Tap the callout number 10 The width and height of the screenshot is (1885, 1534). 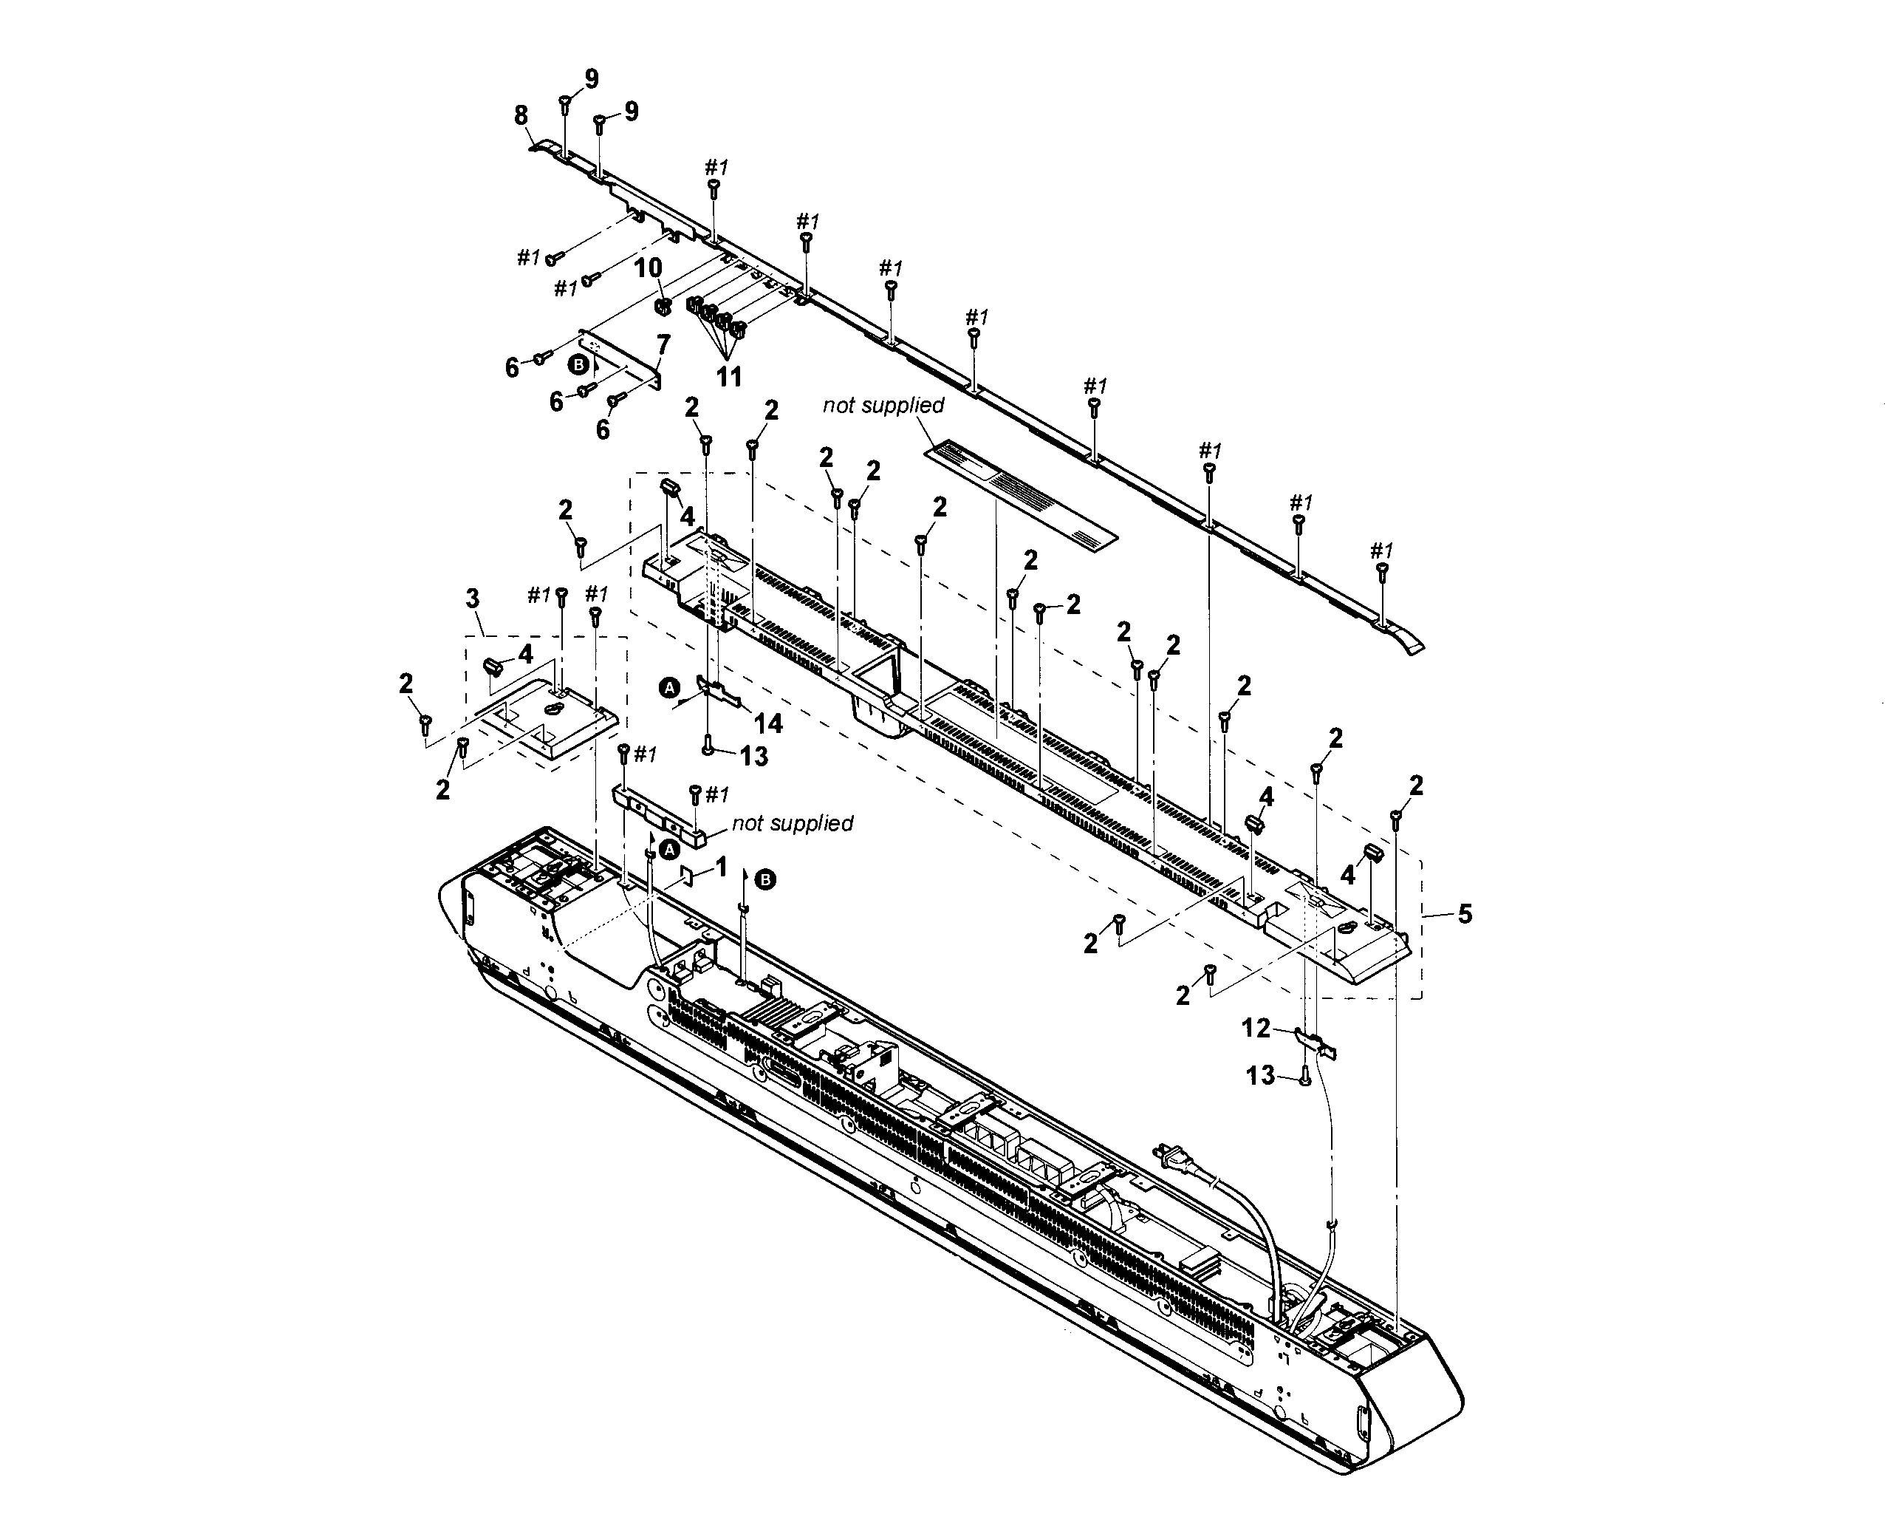(648, 267)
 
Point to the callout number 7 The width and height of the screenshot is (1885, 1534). (663, 344)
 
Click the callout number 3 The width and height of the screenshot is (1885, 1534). (472, 599)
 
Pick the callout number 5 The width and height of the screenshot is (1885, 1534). (1465, 914)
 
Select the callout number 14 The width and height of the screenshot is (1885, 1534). (767, 723)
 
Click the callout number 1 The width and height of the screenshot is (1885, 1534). (721, 867)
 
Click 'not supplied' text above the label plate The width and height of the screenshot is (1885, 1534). (883, 405)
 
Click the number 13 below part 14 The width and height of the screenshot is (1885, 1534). (753, 757)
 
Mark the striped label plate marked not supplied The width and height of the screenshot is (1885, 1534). (1020, 492)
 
